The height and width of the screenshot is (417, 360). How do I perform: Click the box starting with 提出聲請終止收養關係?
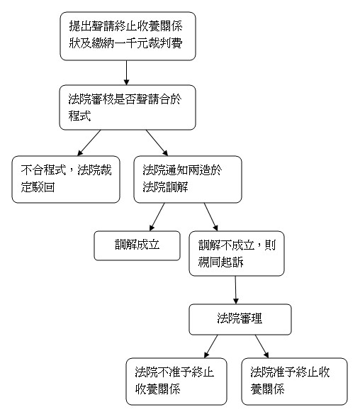click(x=128, y=36)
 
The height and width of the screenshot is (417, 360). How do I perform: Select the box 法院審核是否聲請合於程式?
click(x=128, y=108)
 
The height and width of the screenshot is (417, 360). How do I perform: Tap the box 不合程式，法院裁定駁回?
click(x=66, y=179)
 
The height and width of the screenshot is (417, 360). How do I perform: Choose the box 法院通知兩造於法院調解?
click(x=188, y=179)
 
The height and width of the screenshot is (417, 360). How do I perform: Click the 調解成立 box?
click(x=137, y=245)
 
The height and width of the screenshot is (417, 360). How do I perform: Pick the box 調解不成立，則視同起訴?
click(x=237, y=253)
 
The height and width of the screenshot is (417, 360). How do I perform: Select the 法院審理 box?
click(x=240, y=319)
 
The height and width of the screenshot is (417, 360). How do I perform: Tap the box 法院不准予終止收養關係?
click(x=176, y=382)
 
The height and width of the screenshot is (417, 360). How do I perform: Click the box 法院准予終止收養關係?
click(x=294, y=382)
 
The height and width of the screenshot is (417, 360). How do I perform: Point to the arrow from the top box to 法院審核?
click(x=126, y=73)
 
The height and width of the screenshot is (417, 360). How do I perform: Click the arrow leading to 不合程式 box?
click(x=89, y=143)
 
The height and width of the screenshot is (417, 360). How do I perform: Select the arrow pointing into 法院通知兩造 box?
click(x=157, y=143)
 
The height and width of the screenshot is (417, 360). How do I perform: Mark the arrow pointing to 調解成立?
click(x=157, y=217)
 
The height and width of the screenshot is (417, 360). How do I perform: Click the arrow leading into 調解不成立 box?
click(x=211, y=217)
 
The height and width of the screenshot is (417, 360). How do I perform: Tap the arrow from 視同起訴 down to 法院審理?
click(x=236, y=290)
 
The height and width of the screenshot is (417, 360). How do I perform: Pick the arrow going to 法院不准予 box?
click(x=211, y=346)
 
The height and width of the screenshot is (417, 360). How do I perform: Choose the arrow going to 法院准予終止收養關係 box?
click(x=262, y=346)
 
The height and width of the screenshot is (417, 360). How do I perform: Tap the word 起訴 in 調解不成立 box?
click(x=232, y=262)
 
